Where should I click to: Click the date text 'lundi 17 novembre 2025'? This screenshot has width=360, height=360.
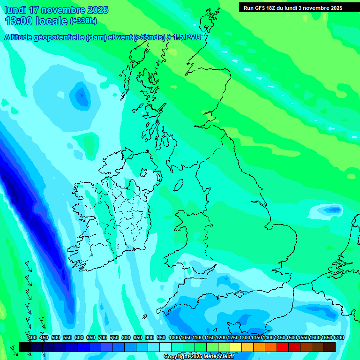[56, 10]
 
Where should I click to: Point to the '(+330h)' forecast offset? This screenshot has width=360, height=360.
[83, 21]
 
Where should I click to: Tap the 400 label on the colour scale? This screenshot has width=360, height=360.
[32, 338]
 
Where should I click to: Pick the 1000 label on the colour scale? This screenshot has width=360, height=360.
[174, 338]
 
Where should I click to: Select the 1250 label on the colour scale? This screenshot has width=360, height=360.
[233, 338]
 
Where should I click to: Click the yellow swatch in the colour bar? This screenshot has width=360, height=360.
[236, 347]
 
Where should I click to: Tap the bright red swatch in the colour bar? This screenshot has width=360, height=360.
[283, 347]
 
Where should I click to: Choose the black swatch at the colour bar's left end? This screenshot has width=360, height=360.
[24, 347]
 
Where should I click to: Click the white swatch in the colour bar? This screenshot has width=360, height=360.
[165, 347]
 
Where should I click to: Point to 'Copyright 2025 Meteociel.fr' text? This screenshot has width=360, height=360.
[199, 357]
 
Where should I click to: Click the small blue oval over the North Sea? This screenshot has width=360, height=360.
[333, 209]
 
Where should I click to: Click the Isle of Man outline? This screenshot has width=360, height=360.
[179, 184]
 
